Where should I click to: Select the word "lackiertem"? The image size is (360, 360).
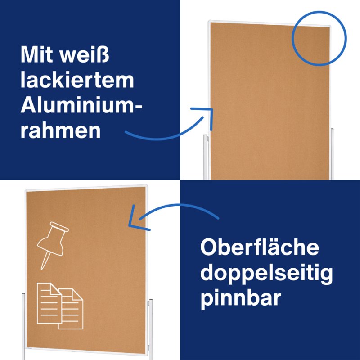[x=77, y=81]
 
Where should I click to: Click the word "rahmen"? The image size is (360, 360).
[x=60, y=130]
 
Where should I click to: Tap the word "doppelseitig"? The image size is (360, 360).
[x=266, y=273]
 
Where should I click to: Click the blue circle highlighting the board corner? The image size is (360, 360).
[x=319, y=38]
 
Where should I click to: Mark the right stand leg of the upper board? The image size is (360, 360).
[x=332, y=153]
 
